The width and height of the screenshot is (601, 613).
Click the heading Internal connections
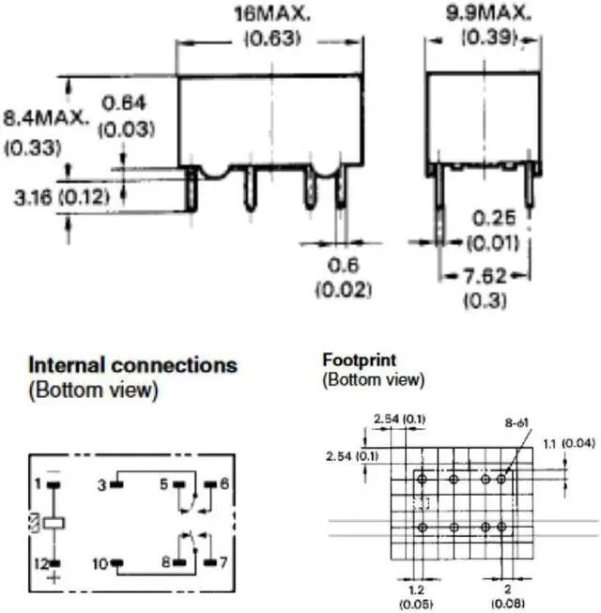point(133,364)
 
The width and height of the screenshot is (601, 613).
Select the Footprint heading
point(360,360)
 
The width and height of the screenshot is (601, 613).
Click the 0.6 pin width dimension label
point(344,267)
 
